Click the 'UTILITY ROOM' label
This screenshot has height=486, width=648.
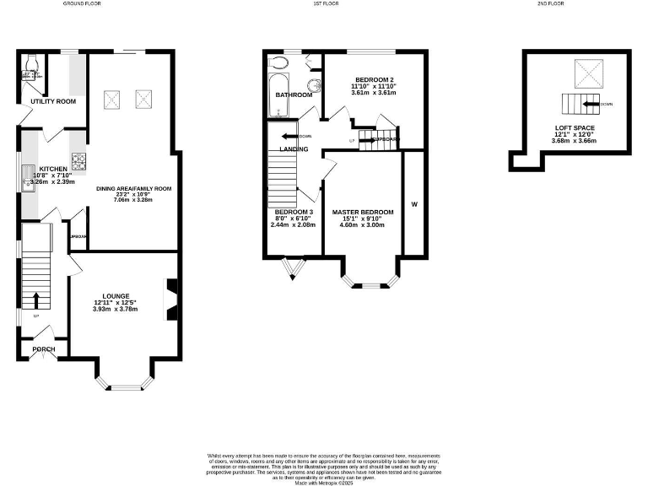coord(53,101)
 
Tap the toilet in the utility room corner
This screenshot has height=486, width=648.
coord(31,62)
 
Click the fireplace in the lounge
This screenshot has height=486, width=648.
coord(171,300)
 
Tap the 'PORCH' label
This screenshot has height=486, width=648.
coord(43,349)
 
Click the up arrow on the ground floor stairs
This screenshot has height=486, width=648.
coord(36,300)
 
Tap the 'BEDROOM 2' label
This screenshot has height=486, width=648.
coord(374,78)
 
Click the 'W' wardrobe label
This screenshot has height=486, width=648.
coord(413,203)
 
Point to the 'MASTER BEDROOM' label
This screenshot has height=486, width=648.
coord(362,212)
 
